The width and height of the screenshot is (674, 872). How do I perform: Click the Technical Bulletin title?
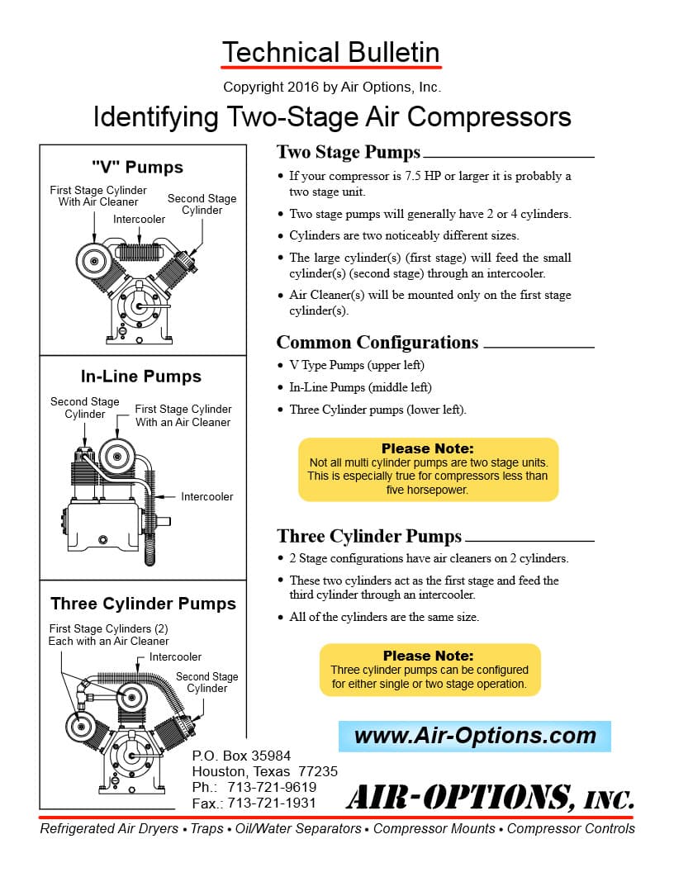pos(331,52)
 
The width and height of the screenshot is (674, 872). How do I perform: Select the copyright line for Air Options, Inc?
pos(332,87)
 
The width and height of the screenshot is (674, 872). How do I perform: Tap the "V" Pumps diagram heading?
pos(137,167)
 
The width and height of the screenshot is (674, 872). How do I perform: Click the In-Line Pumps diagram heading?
pos(140,377)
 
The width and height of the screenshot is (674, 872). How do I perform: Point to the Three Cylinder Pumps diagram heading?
pos(143,604)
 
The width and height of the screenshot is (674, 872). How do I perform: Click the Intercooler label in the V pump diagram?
pos(139,219)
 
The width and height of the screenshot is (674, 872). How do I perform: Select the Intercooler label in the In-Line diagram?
pos(206,496)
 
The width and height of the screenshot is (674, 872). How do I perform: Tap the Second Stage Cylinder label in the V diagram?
pos(202,204)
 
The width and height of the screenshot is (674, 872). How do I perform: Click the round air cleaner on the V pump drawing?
pos(93,261)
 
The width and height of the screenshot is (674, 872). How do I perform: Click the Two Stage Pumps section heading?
pos(348,152)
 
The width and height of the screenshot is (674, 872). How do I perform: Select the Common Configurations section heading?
pos(377,342)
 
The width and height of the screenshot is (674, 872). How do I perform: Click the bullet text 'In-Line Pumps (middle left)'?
pos(360,387)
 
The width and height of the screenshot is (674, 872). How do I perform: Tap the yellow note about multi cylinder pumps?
pos(428,469)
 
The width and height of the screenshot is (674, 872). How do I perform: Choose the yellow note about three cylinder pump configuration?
pos(430,670)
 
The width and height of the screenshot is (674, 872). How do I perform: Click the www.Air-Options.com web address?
pos(474,736)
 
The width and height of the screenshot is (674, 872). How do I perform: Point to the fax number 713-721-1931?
pos(254,803)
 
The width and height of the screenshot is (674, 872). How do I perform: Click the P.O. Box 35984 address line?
pos(241,756)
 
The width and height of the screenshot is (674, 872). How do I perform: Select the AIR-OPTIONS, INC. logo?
pos(490,798)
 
